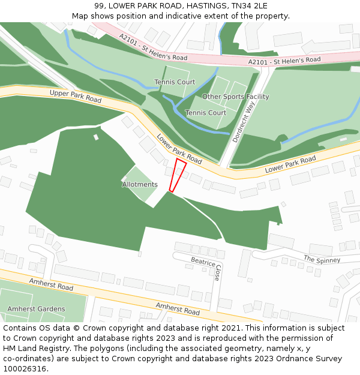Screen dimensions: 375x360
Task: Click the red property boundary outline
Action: point(178,175)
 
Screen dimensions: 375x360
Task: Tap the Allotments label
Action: point(140,185)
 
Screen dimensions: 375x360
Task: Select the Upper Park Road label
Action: point(76,96)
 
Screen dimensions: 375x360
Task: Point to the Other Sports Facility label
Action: point(235,97)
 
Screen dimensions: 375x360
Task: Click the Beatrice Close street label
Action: point(206,269)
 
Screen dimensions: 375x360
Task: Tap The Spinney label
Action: point(322,260)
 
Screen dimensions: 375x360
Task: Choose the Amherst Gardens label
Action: point(36,309)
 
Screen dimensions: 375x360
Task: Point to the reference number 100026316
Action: point(24,368)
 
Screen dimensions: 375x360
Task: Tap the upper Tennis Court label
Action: point(175,82)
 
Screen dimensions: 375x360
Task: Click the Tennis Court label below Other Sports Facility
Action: point(206,113)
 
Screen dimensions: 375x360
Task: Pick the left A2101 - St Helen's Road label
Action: point(153,47)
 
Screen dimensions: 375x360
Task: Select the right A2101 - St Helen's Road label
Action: point(284,61)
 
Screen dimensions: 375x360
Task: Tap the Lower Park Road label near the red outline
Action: point(179,149)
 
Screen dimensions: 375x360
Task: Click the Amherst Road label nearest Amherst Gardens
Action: point(51,284)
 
